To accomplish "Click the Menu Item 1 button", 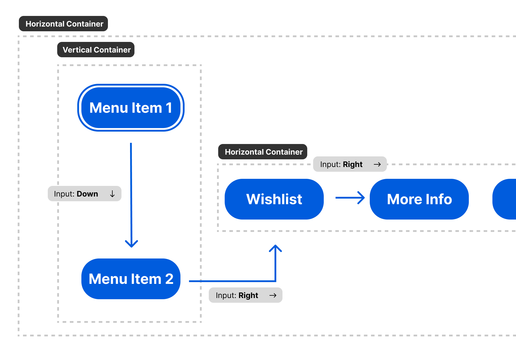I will point(131,108).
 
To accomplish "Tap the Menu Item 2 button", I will point(131,279).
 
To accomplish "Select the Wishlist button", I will point(274,199).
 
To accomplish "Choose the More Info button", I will point(419,199).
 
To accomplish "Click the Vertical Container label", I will point(96,50).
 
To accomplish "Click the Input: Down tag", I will point(84,194).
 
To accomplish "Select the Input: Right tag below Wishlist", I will point(245,295).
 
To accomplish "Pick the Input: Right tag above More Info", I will point(350,164).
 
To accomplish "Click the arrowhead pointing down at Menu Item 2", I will point(132,244).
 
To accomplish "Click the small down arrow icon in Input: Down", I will point(112,194).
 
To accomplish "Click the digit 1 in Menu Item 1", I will point(169,108).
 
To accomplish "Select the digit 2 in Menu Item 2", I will point(169,279).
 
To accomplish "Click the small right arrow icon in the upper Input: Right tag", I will point(377,164).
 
